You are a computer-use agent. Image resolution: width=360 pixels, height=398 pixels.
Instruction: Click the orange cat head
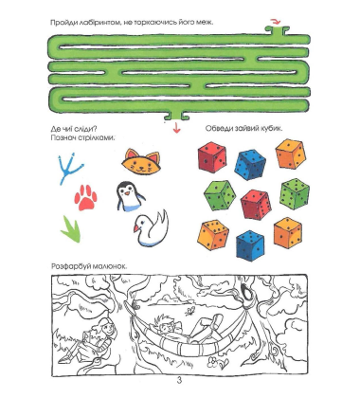coord(141,162)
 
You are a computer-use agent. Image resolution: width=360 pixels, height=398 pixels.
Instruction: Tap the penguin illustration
coord(129,196)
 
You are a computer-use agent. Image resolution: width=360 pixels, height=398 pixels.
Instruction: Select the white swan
coord(152,228)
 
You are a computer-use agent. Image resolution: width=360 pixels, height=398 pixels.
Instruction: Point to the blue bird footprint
coord(70,169)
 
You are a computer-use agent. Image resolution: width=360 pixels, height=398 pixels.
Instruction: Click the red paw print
coord(85,198)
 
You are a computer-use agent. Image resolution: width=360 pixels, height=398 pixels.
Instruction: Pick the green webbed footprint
coord(71,229)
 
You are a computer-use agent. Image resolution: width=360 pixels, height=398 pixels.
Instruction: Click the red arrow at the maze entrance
coord(276,22)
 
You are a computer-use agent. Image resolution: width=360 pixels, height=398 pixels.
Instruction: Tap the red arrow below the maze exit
coord(176,127)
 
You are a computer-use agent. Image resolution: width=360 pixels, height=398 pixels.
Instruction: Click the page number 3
coord(179,380)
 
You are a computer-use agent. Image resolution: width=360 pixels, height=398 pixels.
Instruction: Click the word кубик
coord(271,129)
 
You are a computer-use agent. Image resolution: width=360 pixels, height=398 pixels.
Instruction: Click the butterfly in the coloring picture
coord(190,311)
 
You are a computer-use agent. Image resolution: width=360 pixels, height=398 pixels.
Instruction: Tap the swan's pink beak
coord(136,228)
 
